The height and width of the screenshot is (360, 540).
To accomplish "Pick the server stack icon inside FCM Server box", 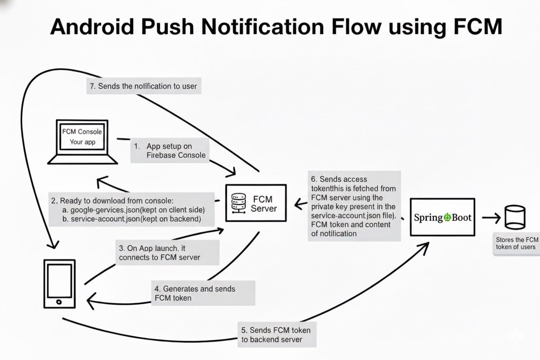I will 237,203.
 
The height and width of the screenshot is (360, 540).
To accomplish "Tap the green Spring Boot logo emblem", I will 447,217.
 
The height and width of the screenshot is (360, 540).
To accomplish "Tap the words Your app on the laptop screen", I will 82,142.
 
